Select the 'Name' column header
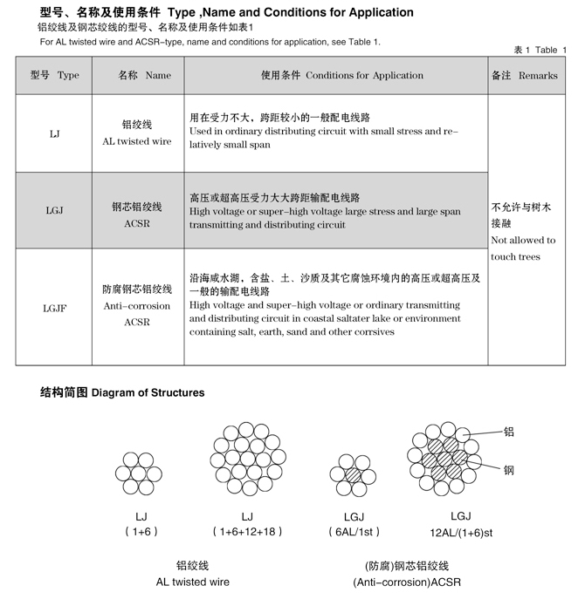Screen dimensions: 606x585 144,76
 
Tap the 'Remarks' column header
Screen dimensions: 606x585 524,76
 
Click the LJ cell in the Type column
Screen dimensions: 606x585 53,133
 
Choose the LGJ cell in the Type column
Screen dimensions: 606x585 55,210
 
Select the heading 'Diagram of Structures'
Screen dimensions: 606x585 122,392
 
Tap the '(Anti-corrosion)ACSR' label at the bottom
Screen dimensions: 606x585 406,582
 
